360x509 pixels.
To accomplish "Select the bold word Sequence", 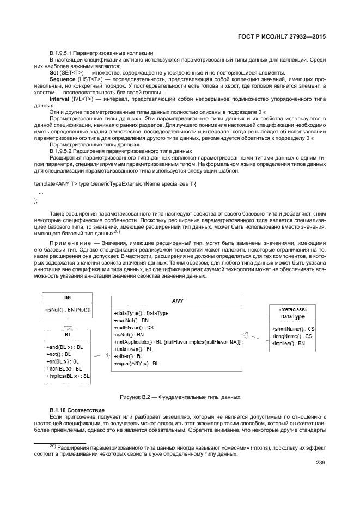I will tap(63, 79).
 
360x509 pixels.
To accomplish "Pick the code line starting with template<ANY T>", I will tap(115, 185).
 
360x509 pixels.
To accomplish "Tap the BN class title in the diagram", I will tap(68, 298).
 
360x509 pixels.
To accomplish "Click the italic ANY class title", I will tap(178, 300).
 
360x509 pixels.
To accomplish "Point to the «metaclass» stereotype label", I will tap(292, 309).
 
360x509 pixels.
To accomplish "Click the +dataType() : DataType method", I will tap(142, 314).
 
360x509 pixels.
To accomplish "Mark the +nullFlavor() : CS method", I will tap(134, 328).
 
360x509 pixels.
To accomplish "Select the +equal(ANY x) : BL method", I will tap(137, 363).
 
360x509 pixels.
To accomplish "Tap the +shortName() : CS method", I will tap(293, 329).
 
